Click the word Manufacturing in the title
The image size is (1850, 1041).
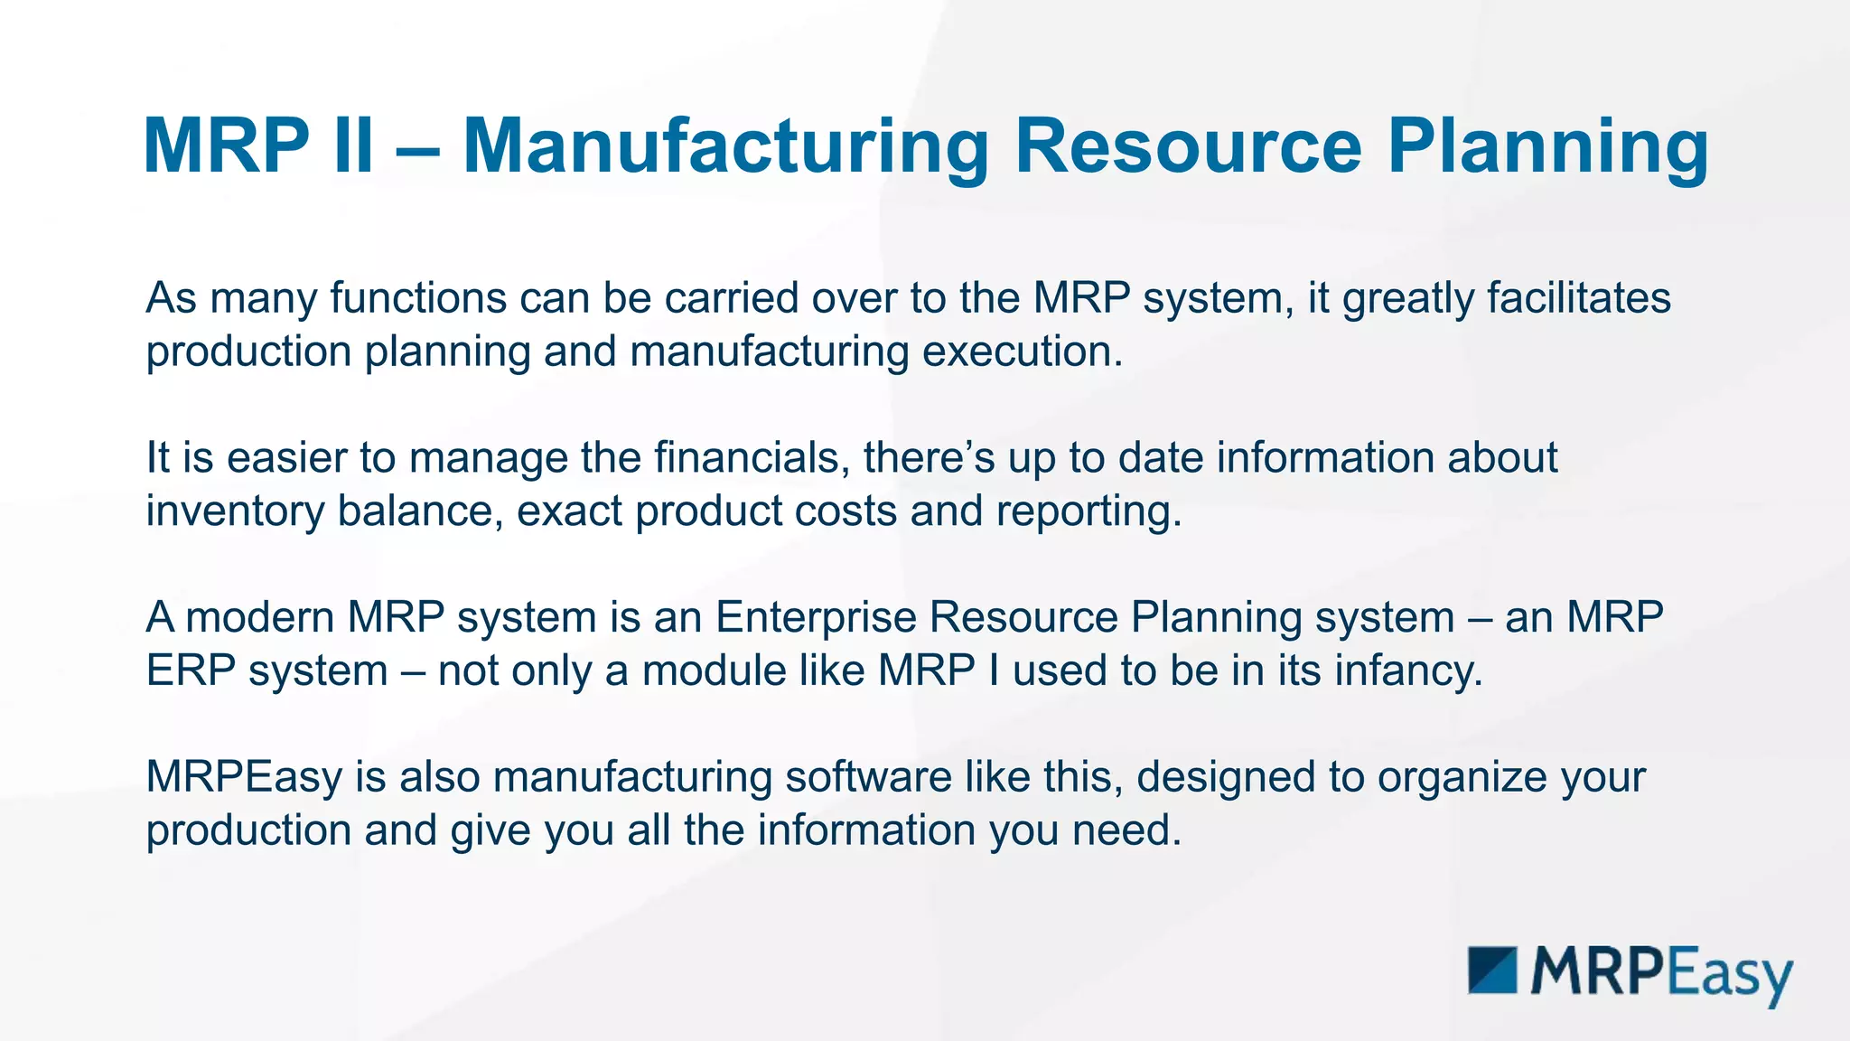(x=726, y=146)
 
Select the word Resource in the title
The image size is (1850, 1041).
(x=1188, y=146)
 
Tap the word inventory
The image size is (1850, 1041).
(x=235, y=511)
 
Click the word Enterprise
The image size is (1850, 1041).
(x=816, y=618)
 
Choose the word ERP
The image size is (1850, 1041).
(x=191, y=671)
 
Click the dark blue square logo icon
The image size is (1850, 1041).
(x=1492, y=971)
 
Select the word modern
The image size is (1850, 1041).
(x=259, y=618)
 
